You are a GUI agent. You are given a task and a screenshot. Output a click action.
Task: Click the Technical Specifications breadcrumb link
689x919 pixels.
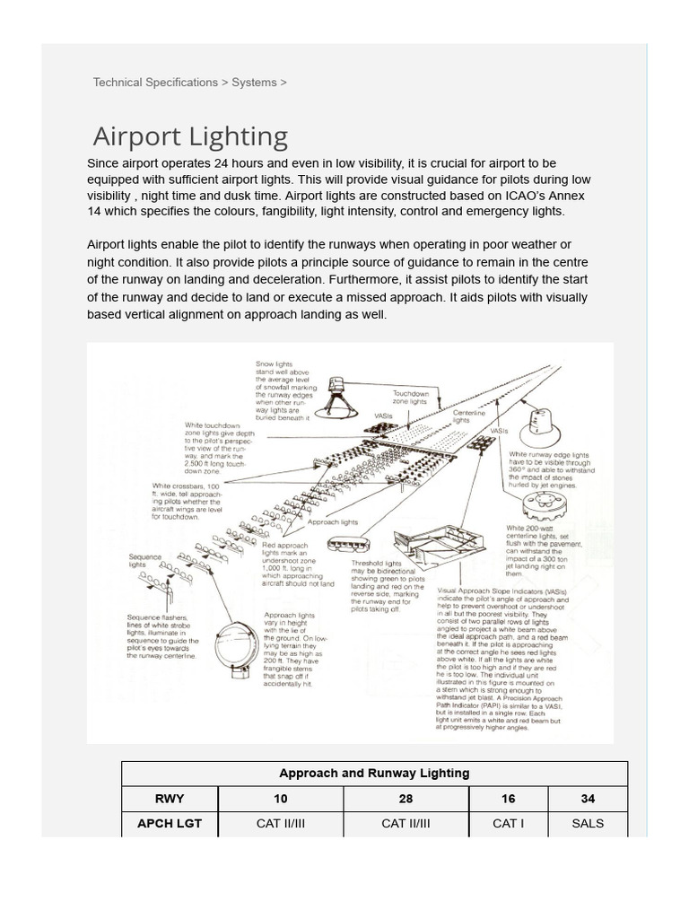point(155,83)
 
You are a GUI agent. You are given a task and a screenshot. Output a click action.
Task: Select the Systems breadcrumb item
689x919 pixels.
point(254,83)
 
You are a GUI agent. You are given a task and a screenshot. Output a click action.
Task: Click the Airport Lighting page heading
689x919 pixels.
point(190,137)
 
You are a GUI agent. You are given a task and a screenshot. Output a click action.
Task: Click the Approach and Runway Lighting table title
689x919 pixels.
point(374,774)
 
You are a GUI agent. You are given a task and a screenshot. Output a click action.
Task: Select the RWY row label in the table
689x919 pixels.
point(170,799)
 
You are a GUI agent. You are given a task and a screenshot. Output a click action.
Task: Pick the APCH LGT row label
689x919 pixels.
point(170,824)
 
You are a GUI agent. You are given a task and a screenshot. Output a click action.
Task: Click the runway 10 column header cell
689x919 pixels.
point(281,799)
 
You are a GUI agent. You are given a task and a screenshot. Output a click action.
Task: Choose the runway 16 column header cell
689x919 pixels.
point(508,799)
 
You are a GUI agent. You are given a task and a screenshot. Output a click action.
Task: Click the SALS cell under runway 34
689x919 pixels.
point(588,824)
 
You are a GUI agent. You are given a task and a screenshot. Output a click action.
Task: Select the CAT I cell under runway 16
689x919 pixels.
point(508,824)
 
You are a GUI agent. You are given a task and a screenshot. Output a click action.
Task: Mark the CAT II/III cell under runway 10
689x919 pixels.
point(281,824)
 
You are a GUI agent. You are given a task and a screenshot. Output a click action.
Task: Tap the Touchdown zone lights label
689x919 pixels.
point(411,398)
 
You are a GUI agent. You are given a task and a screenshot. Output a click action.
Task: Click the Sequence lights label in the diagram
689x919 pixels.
point(144,561)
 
